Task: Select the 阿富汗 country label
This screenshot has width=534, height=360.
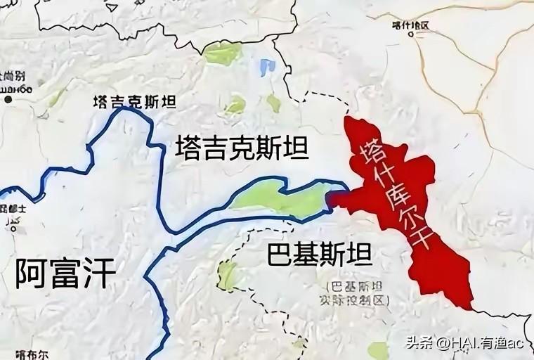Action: (64, 273)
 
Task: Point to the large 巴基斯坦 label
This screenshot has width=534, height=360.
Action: (320, 255)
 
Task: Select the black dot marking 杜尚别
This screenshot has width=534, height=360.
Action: (8, 100)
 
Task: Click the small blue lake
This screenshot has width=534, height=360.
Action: (266, 68)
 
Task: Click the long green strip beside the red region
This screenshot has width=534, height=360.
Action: (281, 197)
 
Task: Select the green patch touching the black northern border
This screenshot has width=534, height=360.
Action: (223, 53)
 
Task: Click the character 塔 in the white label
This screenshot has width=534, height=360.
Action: (370, 146)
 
